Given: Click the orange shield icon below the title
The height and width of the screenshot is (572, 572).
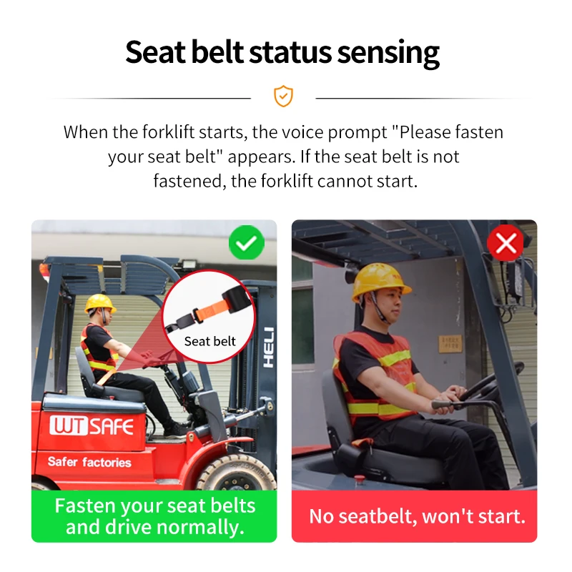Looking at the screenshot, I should point(283,97).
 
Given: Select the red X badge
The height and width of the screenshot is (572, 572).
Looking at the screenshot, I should point(506,245).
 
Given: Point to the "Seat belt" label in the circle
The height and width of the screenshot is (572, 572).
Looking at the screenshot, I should point(209,341).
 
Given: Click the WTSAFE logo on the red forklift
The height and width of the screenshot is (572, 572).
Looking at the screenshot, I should point(92,427).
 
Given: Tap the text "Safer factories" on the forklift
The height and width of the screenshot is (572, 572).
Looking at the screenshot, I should point(89,461).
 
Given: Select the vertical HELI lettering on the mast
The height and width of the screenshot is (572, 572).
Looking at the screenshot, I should point(267,347).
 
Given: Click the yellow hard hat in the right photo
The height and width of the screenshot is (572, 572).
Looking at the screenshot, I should point(380,280).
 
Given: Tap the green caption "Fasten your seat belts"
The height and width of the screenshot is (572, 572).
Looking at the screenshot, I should point(154,506).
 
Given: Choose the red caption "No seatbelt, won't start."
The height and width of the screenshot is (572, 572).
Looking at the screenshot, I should point(417,516).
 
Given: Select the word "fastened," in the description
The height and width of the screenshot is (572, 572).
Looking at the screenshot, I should point(189,181).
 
